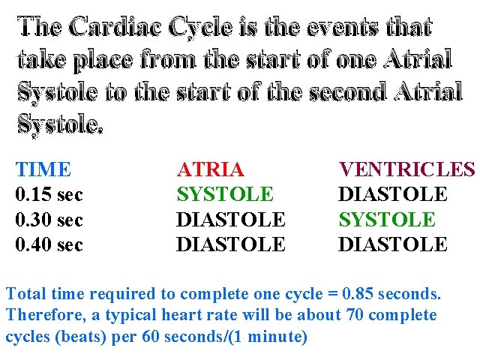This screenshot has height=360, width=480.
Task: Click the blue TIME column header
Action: (43, 169)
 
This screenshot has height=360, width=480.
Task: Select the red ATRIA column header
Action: (210, 169)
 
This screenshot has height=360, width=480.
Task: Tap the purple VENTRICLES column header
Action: (406, 169)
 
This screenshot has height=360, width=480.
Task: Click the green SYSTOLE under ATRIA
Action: (225, 195)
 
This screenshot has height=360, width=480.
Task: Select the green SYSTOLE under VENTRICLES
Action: (387, 220)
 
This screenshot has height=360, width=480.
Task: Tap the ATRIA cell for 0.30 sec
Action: (231, 220)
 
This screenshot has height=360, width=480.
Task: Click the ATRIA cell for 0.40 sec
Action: (231, 244)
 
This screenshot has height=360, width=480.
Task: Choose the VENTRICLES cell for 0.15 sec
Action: (393, 195)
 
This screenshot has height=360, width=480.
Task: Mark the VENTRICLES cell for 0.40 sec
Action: (393, 244)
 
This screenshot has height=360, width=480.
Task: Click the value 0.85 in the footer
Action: (357, 293)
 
